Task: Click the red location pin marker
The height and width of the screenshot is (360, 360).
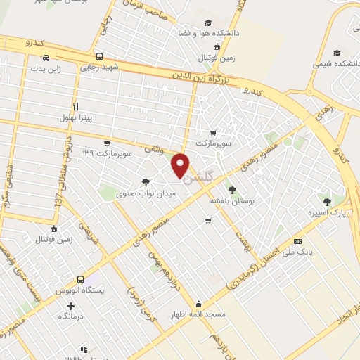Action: point(181,165)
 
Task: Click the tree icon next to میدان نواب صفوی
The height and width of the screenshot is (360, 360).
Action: point(146,181)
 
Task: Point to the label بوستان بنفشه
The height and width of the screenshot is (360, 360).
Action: point(232,200)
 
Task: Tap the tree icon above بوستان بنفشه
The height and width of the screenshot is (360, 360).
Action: point(232,190)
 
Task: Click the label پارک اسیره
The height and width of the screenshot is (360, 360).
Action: point(327,212)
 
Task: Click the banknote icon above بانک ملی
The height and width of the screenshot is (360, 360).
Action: point(298,240)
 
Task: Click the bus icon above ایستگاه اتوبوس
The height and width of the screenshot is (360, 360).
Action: point(80,279)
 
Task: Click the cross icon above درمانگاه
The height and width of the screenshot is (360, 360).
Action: point(70,306)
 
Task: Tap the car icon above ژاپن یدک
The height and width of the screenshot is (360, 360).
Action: point(45,58)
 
